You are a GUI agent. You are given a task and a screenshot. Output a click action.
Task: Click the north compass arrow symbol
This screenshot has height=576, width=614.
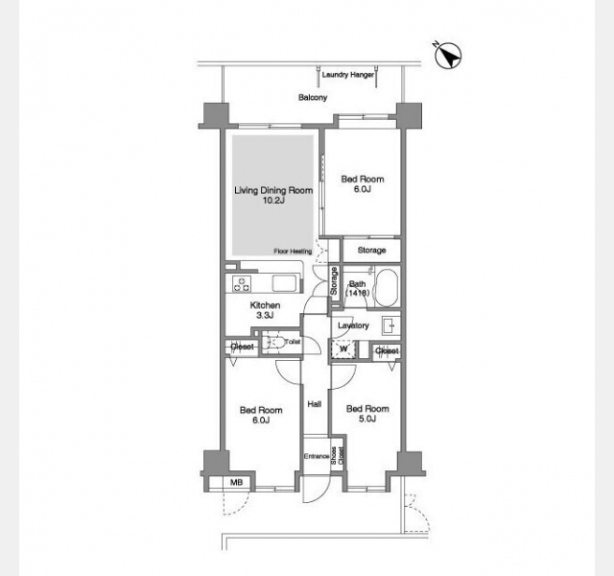(x=448, y=56)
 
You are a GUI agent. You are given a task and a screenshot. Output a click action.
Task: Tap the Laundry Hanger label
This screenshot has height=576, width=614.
(x=347, y=75)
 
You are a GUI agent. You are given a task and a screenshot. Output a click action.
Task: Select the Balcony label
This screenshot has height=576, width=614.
(x=313, y=97)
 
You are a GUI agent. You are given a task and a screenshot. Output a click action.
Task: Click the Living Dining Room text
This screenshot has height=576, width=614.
(x=273, y=190)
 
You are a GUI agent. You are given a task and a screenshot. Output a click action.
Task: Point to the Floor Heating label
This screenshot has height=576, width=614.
(x=293, y=252)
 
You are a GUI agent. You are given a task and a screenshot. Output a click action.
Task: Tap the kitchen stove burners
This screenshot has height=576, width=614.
(x=242, y=284)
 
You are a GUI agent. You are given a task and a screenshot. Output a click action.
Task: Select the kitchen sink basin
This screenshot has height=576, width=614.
(x=284, y=283)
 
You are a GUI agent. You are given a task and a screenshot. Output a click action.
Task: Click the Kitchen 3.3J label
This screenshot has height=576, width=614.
(x=265, y=310)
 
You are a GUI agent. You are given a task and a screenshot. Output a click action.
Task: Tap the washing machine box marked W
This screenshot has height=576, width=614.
(x=343, y=348)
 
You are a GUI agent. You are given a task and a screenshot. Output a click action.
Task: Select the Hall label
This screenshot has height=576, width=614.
(x=315, y=404)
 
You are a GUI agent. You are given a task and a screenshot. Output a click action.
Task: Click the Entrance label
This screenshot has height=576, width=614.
(x=317, y=457)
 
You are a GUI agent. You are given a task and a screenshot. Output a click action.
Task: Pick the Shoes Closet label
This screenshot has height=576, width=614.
(x=337, y=456)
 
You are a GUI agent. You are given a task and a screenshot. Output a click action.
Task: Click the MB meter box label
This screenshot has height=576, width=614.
(x=236, y=482)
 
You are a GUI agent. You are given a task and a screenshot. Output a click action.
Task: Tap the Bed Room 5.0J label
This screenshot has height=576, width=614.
(x=367, y=414)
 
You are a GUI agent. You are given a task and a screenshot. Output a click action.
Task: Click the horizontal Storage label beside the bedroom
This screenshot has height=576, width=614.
(x=371, y=250)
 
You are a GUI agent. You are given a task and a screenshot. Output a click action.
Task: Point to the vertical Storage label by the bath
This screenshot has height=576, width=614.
(x=334, y=281)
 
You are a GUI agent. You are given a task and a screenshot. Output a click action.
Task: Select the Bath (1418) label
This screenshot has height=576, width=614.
(x=357, y=288)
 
